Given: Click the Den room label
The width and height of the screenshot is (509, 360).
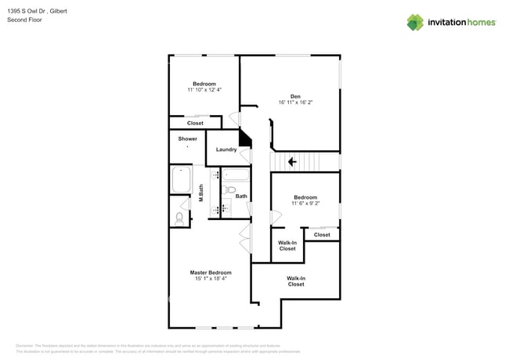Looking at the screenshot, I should tap(295, 96).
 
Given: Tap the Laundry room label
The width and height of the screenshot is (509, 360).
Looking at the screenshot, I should tap(226, 149).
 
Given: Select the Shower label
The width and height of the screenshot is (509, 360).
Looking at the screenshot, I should tap(187, 139).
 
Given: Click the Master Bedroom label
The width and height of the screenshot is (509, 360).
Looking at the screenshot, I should tap(211, 272).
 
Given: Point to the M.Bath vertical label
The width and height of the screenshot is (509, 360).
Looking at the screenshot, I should tap(201, 193).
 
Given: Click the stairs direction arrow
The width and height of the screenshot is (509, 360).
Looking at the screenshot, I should tap(292, 162).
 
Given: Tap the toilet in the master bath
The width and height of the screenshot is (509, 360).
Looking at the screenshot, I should tap(180, 218).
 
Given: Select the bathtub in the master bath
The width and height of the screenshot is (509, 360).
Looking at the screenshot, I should tap(182, 179).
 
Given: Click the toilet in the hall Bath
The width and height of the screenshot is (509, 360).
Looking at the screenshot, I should tap(229, 189).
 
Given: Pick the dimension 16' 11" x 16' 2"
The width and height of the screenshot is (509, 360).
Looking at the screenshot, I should tap(295, 103).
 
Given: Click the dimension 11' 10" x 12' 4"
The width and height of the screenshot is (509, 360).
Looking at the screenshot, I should tap(204, 90).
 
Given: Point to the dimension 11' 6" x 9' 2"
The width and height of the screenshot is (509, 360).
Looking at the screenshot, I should tap(305, 203).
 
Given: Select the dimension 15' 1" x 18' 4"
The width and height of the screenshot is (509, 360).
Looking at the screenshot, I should tap(211, 279).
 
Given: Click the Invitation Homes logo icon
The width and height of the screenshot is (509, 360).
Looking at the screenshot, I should tap(414, 22).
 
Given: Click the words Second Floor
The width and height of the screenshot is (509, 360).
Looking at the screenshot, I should tap(24, 20).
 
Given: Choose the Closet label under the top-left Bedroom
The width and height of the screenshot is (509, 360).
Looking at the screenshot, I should tap(195, 123).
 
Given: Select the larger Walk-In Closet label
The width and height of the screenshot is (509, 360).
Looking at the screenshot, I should tap(296, 281).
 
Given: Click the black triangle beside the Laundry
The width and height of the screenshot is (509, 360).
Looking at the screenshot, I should tap(245, 139).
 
